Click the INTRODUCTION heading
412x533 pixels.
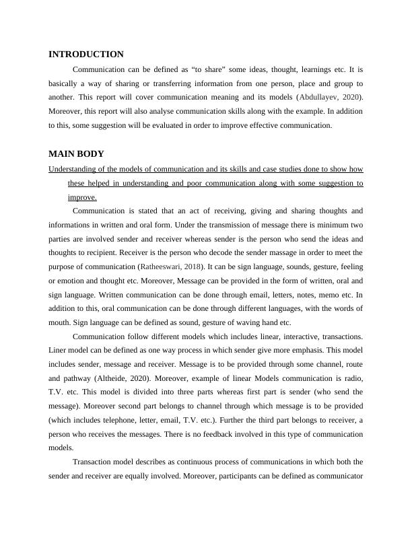[x=86, y=55]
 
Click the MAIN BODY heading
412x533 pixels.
[x=76, y=154]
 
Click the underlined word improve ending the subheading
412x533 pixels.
[x=81, y=197]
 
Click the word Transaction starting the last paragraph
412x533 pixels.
[x=94, y=462]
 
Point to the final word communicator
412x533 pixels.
[x=335, y=476]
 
